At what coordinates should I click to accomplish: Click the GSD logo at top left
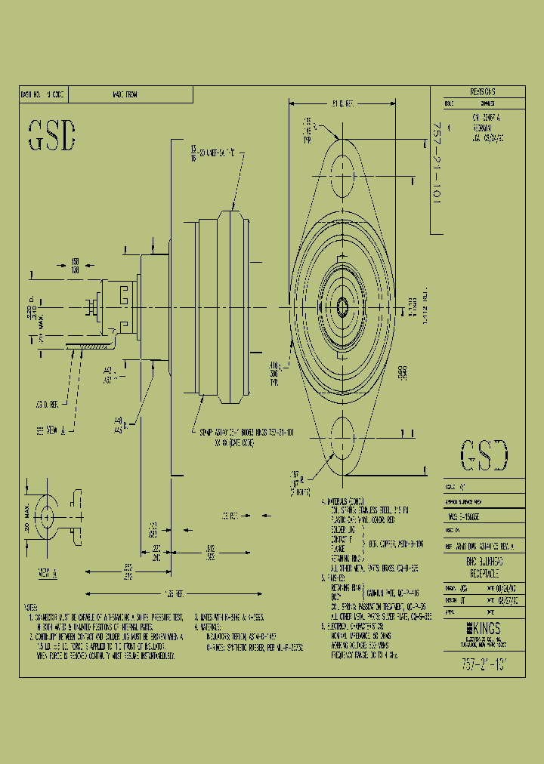(53, 135)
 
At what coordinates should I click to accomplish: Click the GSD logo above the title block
(484, 455)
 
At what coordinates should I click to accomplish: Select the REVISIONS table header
(477, 91)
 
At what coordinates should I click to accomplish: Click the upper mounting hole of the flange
(344, 167)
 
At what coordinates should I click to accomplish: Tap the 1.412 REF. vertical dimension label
(425, 306)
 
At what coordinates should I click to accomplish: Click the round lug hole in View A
(46, 517)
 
